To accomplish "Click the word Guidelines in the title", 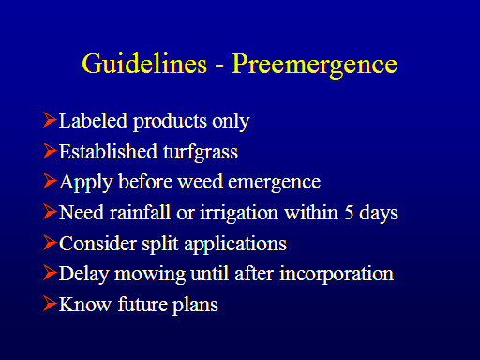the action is click(x=144, y=64).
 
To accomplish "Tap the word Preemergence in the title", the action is click(x=314, y=66).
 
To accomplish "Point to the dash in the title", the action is click(x=219, y=67).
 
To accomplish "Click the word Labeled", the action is click(x=93, y=120).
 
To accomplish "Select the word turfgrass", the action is click(x=201, y=153).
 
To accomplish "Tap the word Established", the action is click(x=108, y=151).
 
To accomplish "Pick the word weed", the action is click(x=201, y=182).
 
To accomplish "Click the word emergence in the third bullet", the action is click(x=275, y=184).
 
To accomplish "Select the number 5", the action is click(x=349, y=213).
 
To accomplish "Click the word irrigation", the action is click(x=239, y=214).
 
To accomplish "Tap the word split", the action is click(x=160, y=245).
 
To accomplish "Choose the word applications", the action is click(x=235, y=245).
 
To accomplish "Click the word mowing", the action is click(x=150, y=276).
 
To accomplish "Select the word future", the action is click(x=142, y=304).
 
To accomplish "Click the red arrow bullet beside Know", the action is click(x=50, y=304).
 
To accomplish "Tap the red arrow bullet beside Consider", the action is click(x=50, y=243).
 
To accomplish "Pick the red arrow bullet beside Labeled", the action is click(x=50, y=120).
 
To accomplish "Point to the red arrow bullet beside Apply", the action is click(x=50, y=181).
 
